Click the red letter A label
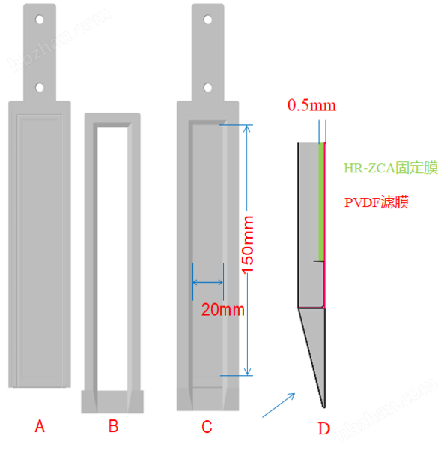[x=40, y=426]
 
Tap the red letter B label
[x=114, y=426]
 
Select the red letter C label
[x=207, y=427]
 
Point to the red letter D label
[x=323, y=429]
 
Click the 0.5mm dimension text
[x=311, y=105]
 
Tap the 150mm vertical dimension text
[x=248, y=245]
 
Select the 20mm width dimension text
[x=223, y=310]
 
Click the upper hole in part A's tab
[x=40, y=19]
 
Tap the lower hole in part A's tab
[x=40, y=87]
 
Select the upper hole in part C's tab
[x=207, y=19]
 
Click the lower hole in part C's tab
[x=207, y=87]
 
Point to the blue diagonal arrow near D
[x=279, y=405]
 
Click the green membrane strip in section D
[x=321, y=202]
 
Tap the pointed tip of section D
[x=324, y=407]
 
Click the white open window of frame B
[x=112, y=259]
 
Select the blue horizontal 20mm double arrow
[x=207, y=283]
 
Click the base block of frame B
[x=112, y=402]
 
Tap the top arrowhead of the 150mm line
[x=247, y=128]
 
